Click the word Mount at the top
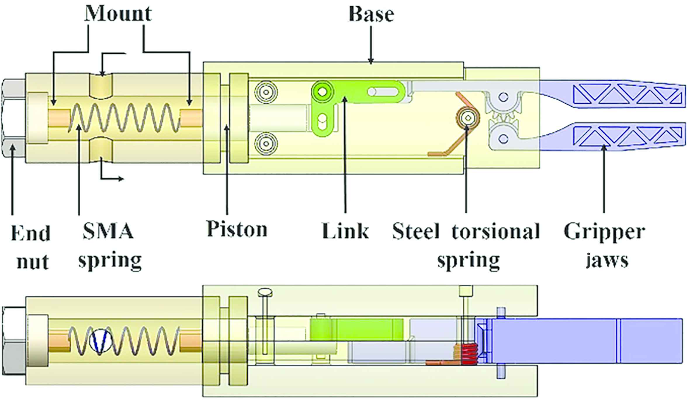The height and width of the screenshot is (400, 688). [x=118, y=14]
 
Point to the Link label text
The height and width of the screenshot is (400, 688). [x=345, y=231]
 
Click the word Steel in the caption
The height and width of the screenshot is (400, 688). [x=416, y=231]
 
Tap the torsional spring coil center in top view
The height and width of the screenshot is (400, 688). [x=468, y=117]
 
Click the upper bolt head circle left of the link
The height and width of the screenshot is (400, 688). [x=266, y=92]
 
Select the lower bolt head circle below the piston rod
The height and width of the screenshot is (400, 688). [x=266, y=143]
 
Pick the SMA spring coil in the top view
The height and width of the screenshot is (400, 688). [x=126, y=117]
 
